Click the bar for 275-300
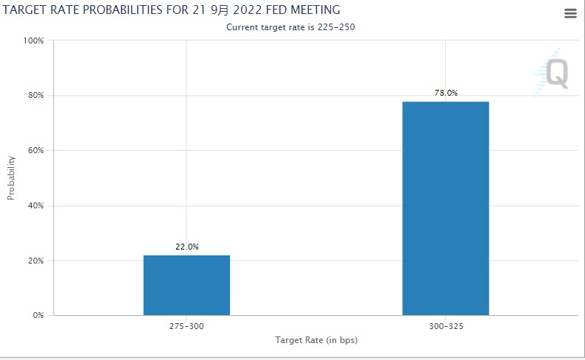pos(186,285)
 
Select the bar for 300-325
pos(445,208)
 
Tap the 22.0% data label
pos(186,247)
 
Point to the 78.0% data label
pos(446,93)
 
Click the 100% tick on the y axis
pos(34,40)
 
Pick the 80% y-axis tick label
pos(36,96)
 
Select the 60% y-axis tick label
pos(36,150)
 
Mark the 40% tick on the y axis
pos(36,205)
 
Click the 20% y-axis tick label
pos(36,261)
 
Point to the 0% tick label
pos(38,315)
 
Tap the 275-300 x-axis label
pos(186,326)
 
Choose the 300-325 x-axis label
pos(446,326)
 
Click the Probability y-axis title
pos(11,177)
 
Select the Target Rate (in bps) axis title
pos(316,340)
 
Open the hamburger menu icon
pos(570,13)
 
